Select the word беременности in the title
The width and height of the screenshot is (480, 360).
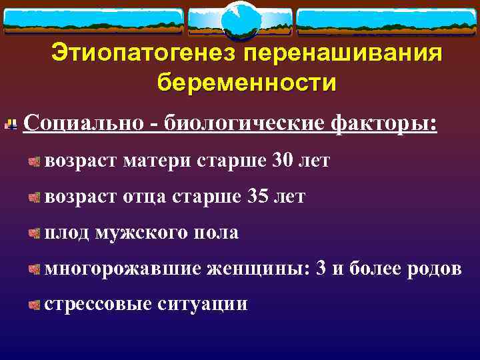(x=247, y=83)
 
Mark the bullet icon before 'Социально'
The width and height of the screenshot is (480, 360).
(x=11, y=124)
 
